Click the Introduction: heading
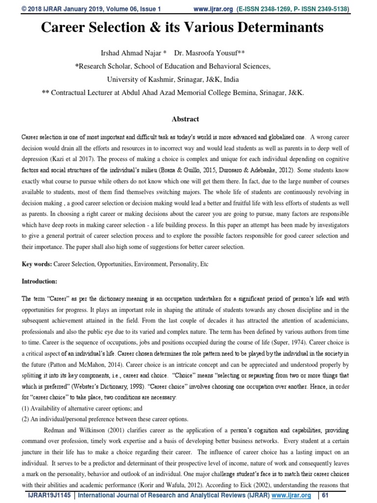coord(40,281)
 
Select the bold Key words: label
coord(37,264)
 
